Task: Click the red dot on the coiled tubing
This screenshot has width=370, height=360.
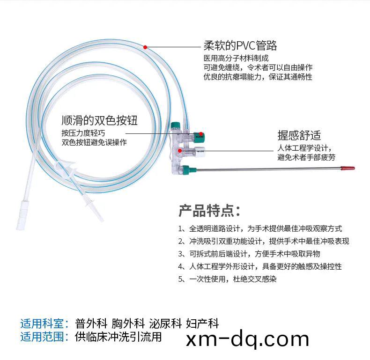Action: [145, 47]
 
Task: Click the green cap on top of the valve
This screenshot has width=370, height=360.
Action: [175, 125]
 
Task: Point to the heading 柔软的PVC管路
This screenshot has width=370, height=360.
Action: [240, 45]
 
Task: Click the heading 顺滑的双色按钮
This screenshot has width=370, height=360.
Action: [99, 120]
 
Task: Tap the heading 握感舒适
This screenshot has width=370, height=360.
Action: [299, 135]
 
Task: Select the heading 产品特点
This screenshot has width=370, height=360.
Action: [209, 211]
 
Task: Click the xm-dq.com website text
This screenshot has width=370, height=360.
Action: [247, 339]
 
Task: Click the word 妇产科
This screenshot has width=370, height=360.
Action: [202, 323]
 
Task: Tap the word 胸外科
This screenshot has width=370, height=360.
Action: [128, 323]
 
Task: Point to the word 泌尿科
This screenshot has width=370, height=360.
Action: [165, 323]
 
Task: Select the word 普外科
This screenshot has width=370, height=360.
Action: [91, 323]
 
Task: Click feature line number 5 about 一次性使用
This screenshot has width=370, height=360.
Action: [227, 279]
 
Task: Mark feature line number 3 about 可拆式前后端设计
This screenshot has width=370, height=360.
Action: [249, 254]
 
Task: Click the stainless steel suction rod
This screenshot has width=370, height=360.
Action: [268, 169]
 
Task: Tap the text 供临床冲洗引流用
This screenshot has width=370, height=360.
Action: [118, 337]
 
